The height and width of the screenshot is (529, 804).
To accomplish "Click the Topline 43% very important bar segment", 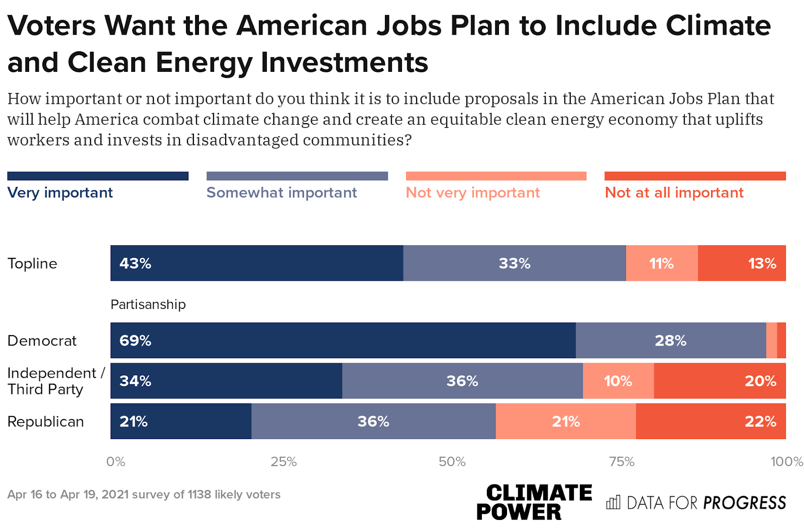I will tap(257, 263).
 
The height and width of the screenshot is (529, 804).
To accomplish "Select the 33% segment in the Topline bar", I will tap(515, 263).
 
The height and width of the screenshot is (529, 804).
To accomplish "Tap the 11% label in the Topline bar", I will tap(661, 263).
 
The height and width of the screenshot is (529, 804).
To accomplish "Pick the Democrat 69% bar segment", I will tap(343, 341).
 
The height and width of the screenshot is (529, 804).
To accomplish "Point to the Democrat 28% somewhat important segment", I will tap(671, 341).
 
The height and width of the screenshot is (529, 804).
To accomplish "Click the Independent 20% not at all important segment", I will tap(720, 381).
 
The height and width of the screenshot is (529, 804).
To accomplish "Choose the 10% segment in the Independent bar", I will tap(618, 381).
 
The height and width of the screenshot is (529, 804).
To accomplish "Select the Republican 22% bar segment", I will tap(711, 421).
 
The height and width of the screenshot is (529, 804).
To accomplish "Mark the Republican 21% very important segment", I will tap(181, 421).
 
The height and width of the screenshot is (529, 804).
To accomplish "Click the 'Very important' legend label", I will tap(60, 192).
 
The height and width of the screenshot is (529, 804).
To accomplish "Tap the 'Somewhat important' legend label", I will tap(281, 192).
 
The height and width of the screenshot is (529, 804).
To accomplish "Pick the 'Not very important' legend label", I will tap(473, 192).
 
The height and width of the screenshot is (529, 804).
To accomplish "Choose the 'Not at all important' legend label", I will tap(674, 192).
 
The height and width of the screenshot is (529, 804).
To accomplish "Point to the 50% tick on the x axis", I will tap(452, 462).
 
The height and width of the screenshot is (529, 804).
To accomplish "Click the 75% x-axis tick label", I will tap(622, 462).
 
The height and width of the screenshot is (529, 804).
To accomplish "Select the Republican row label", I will tap(46, 421).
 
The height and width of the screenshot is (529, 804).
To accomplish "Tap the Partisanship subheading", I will tap(148, 304).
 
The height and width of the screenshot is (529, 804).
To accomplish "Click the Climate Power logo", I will tap(534, 501).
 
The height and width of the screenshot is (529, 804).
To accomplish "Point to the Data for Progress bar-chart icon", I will tap(613, 502).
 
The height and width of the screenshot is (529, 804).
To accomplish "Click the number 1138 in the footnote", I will tap(199, 494).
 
